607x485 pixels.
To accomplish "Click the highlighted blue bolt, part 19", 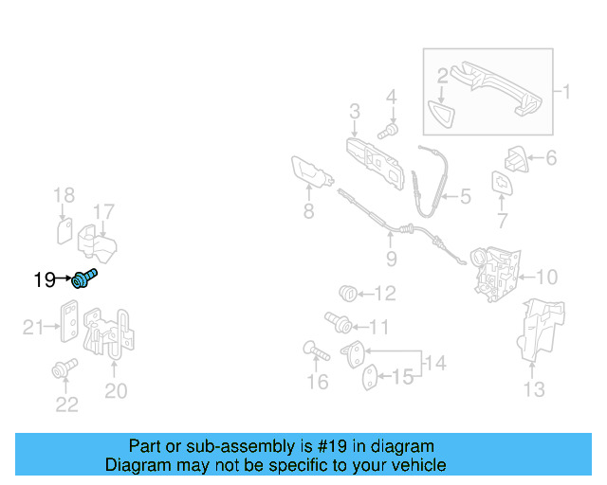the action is tap(84, 278).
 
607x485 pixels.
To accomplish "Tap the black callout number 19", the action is tap(45, 279).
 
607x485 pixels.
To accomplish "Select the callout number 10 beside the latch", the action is tap(546, 278).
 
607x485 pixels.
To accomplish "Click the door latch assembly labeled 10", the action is tap(495, 274).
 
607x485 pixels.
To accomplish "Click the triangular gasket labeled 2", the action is tap(441, 114).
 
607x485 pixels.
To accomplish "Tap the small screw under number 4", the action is tap(388, 131).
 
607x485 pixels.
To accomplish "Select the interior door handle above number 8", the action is tap(312, 173).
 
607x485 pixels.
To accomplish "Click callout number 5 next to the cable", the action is tap(466, 196).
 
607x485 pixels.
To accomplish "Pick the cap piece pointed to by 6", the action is tap(516, 159).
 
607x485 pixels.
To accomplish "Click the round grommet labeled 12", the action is tap(347, 294).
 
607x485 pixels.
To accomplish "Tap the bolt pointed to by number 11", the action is tap(339, 323).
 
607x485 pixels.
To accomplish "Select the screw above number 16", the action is tap(316, 350).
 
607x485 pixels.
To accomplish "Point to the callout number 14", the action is tap(435, 363).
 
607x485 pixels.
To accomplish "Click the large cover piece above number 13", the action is tap(541, 330).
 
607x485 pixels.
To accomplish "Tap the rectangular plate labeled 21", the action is tap(69, 321).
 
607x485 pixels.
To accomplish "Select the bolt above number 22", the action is tap(64, 368).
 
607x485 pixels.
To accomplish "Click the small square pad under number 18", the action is tap(64, 231).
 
